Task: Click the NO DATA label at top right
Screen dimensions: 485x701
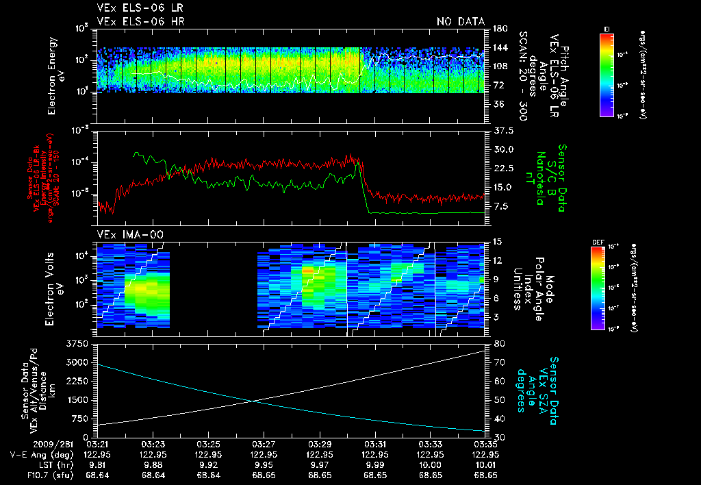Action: (x=460, y=22)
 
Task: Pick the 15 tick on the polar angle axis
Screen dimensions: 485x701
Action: (x=496, y=241)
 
